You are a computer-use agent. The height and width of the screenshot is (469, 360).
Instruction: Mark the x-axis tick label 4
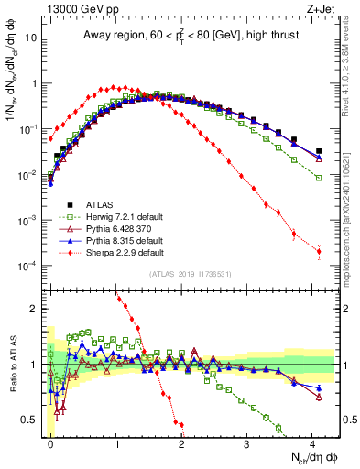tap(312, 442)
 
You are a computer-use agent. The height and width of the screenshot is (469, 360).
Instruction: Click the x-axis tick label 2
tap(181, 442)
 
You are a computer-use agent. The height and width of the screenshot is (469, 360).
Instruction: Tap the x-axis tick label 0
tap(50, 442)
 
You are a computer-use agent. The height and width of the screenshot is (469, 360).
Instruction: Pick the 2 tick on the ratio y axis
tap(36, 308)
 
